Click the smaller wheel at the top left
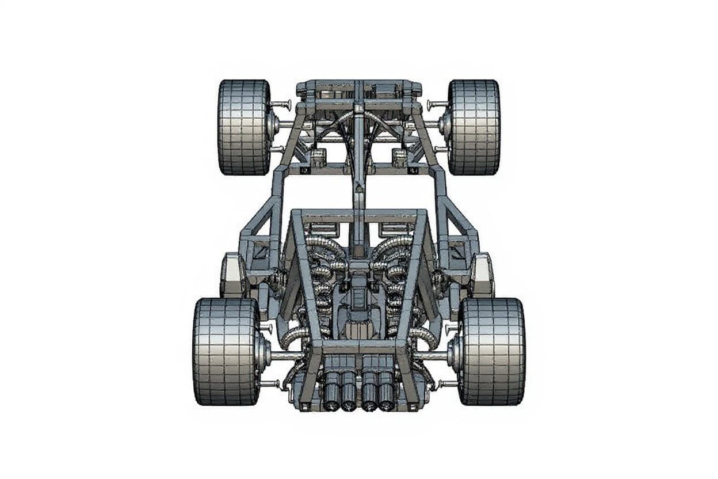point(244,127)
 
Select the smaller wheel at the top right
point(474,127)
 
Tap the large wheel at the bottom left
point(226,351)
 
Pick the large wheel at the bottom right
point(492,351)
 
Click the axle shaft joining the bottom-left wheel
point(285,356)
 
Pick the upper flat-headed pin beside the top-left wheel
point(281,105)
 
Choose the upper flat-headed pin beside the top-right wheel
point(437,105)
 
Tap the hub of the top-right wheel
point(445,123)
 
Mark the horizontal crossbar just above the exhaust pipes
point(359,348)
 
